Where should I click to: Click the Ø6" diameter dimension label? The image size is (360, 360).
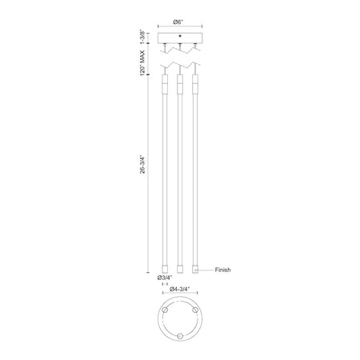178,22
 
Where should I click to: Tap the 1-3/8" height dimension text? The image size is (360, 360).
143,38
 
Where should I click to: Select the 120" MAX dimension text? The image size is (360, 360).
142,63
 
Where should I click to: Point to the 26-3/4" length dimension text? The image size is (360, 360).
143,165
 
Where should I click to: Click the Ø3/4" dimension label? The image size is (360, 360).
165,278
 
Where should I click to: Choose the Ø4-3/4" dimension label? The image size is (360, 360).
179,289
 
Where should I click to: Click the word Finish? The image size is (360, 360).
222,270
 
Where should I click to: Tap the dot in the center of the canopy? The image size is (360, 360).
180,35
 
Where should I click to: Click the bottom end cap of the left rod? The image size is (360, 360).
165,269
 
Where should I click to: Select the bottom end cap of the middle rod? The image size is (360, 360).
180,269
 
